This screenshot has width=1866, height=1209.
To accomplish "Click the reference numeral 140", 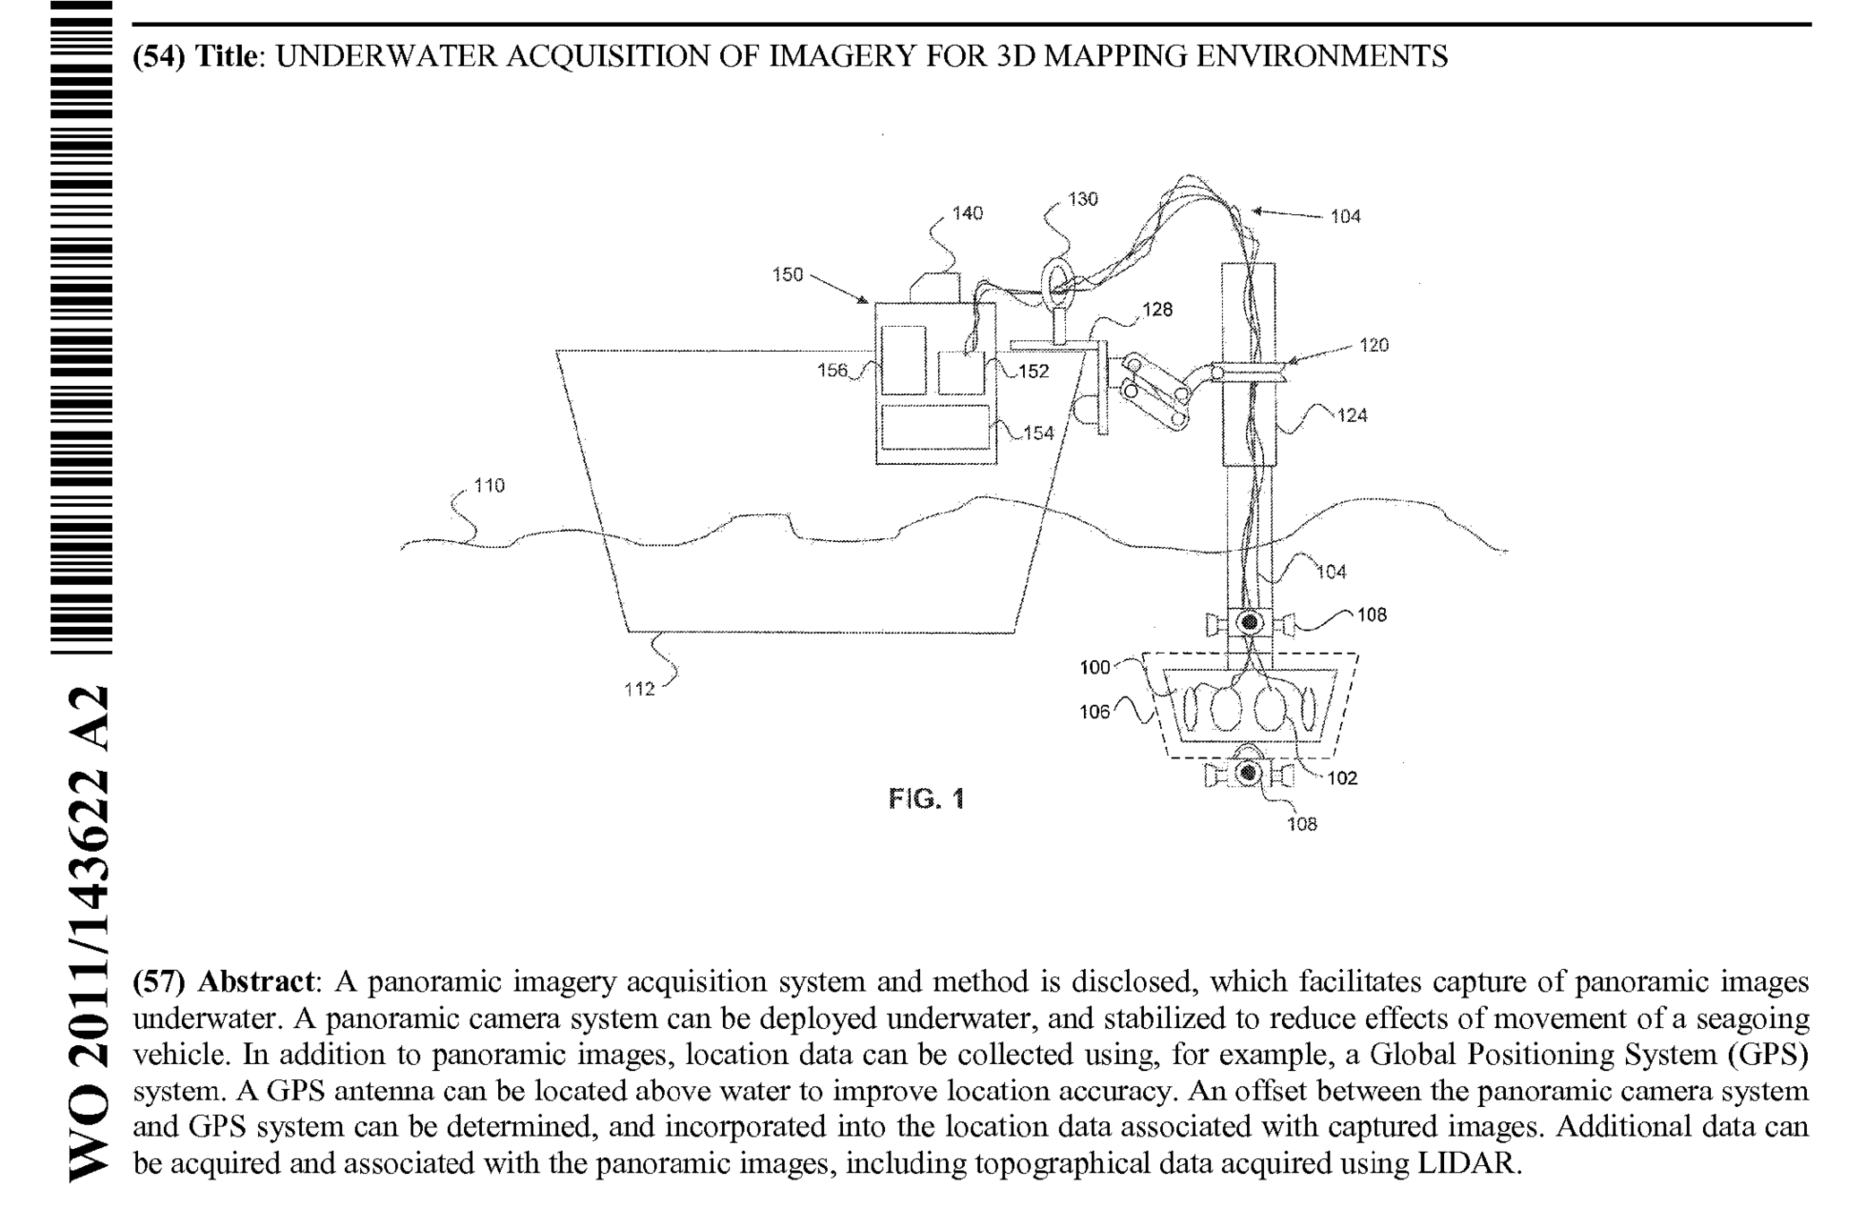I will pyautogui.click(x=967, y=213).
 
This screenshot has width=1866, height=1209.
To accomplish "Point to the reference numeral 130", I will pyautogui.click(x=1083, y=199).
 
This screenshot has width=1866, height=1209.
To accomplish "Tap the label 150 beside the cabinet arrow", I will pyautogui.click(x=787, y=275).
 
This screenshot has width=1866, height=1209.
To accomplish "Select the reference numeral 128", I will pyautogui.click(x=1157, y=310).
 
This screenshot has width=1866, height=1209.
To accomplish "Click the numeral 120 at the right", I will pyautogui.click(x=1373, y=345).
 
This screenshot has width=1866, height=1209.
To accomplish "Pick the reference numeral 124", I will pyautogui.click(x=1352, y=415).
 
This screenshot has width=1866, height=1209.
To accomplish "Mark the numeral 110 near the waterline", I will pyautogui.click(x=489, y=485).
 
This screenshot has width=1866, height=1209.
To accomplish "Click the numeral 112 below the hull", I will pyautogui.click(x=640, y=689).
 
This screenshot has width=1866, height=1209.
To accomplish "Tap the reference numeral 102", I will pyautogui.click(x=1342, y=778).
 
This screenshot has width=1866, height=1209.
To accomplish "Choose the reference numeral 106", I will pyautogui.click(x=1095, y=712).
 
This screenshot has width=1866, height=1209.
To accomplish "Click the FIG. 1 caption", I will pyautogui.click(x=926, y=798).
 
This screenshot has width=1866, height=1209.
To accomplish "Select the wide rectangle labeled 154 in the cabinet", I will pyautogui.click(x=935, y=427).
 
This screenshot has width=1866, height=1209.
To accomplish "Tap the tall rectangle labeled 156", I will pyautogui.click(x=903, y=360).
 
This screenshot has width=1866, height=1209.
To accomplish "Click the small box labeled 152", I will pyautogui.click(x=961, y=373).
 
